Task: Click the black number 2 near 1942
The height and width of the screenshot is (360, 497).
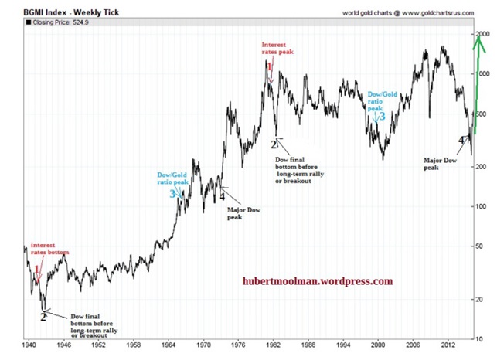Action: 44,315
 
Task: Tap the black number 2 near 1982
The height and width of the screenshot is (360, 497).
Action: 274,144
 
